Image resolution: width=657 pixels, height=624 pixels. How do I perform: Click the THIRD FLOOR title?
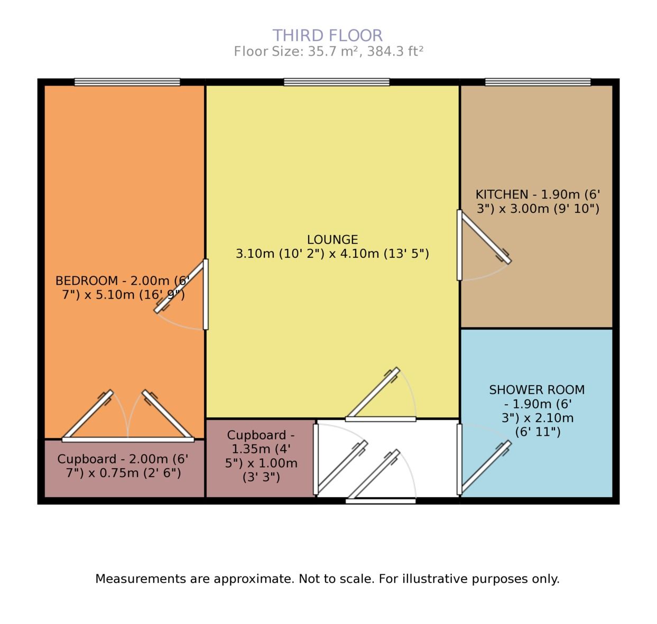(328, 35)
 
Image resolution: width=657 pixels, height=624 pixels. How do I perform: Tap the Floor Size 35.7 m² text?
(328, 51)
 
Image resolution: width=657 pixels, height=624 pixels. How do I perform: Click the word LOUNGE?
(332, 239)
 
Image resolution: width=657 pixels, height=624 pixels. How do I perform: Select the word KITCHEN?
(502, 194)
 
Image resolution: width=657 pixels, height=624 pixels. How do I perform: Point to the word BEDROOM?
(87, 280)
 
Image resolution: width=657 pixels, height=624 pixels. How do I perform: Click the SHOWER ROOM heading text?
(536, 390)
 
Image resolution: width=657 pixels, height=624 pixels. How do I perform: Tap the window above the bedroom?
(127, 82)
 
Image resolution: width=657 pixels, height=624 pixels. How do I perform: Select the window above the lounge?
(336, 82)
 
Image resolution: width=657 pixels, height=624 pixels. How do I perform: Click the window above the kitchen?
(538, 82)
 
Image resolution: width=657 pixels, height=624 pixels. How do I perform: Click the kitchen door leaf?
(485, 237)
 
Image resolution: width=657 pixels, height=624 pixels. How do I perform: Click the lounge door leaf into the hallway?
(373, 394)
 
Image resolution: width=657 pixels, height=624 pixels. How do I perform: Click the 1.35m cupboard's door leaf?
(342, 467)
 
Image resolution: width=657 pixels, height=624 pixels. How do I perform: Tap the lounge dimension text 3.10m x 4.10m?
(332, 254)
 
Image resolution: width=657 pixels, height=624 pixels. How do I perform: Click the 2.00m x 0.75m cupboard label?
(123, 465)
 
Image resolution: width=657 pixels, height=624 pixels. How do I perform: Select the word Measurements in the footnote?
(140, 579)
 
